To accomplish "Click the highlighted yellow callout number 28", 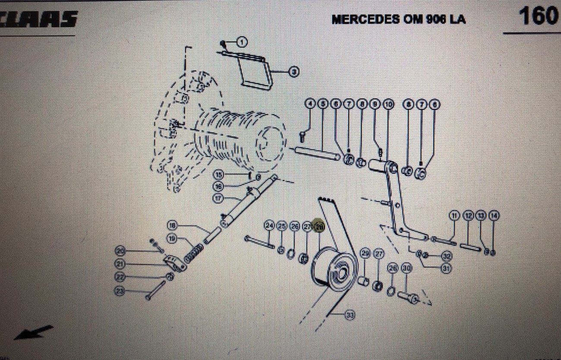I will pyautogui.click(x=319, y=226).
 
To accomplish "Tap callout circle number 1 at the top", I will pyautogui.click(x=241, y=42).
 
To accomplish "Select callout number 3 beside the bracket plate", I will pyautogui.click(x=293, y=72).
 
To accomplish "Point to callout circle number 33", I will pyautogui.click(x=350, y=316).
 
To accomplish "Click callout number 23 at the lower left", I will pyautogui.click(x=120, y=292).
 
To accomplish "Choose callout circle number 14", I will pyautogui.click(x=494, y=215).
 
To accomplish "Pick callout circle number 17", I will pyautogui.click(x=219, y=199).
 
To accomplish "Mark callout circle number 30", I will pyautogui.click(x=406, y=268).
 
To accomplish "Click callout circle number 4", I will pyautogui.click(x=310, y=104).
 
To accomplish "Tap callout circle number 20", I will pyautogui.click(x=120, y=251).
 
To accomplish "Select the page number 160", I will pyautogui.click(x=538, y=16).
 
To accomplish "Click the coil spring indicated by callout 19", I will pyautogui.click(x=194, y=253).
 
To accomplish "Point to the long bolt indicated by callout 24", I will pyautogui.click(x=259, y=242).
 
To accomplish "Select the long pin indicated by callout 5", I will pyautogui.click(x=317, y=154).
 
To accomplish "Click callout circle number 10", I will pyautogui.click(x=388, y=104).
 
